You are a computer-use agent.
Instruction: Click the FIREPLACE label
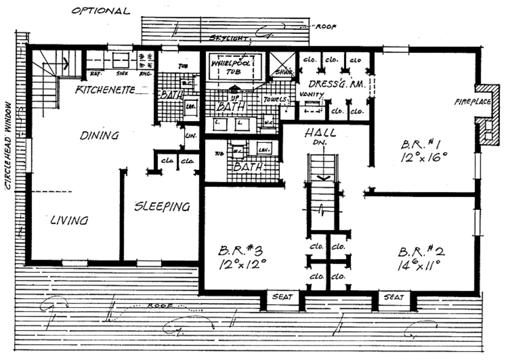coord(473,102)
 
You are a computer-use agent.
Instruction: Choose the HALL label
coord(320,132)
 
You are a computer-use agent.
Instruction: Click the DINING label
coord(100,135)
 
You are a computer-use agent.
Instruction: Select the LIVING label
coord(69,220)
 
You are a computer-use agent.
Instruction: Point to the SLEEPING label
coord(162,207)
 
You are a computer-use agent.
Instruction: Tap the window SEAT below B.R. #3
coord(282,298)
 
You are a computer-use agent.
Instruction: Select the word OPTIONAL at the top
coord(101,11)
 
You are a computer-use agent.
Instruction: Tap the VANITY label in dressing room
coord(312,95)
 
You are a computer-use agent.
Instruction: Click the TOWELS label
coord(275,99)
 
